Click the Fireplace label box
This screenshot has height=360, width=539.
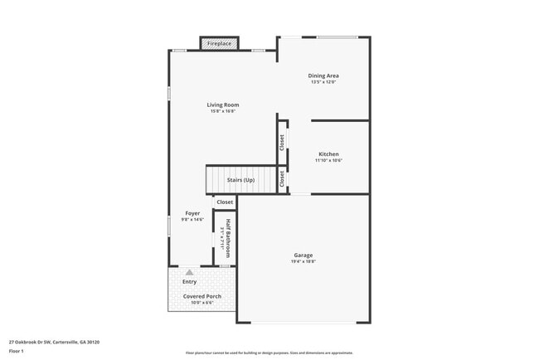[x=220, y=43]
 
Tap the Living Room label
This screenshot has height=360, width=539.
[x=223, y=105]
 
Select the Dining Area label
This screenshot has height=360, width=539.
[x=323, y=75]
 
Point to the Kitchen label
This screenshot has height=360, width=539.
[x=328, y=154]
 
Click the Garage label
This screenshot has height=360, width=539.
[x=303, y=255]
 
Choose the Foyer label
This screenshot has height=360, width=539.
[x=192, y=213]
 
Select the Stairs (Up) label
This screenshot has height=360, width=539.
[x=240, y=180]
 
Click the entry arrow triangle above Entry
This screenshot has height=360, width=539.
[x=190, y=271]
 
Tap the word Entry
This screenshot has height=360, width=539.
[x=190, y=281]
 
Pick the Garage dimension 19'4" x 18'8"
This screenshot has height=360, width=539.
[x=303, y=261]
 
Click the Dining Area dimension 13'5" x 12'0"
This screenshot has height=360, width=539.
[x=323, y=82]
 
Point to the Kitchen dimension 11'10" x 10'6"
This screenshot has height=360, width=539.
[x=328, y=161]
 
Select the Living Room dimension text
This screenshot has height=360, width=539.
[x=223, y=111]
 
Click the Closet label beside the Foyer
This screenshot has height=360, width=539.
[x=225, y=202]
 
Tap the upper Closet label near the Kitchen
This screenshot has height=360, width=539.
[x=282, y=143]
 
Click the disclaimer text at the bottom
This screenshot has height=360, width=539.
[x=269, y=353]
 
